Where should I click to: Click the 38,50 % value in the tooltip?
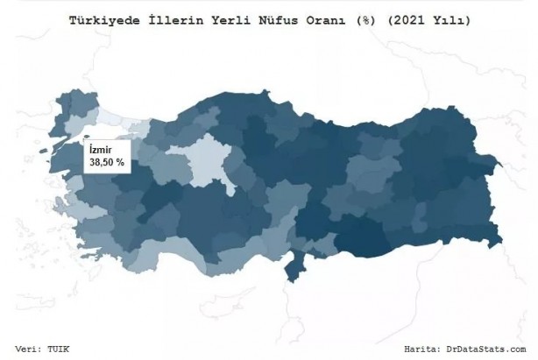(x=106, y=162)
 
